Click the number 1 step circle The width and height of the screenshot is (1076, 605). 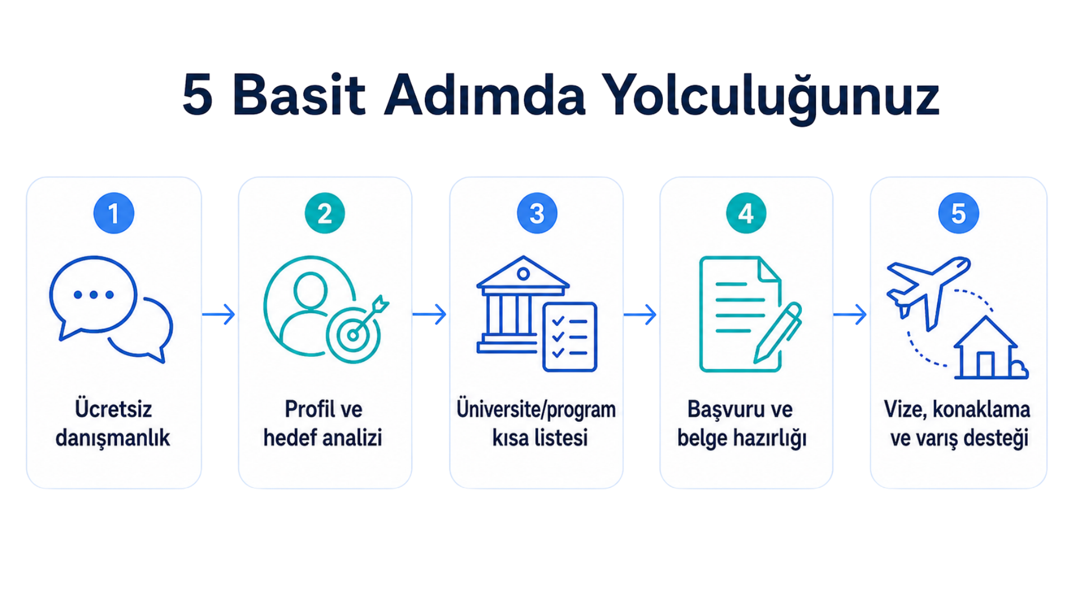click(x=114, y=213)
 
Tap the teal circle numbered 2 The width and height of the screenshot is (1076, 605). click(x=324, y=213)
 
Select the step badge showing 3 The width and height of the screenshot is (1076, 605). click(x=537, y=213)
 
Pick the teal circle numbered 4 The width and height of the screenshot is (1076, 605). click(x=746, y=213)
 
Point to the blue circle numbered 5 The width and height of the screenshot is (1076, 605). click(x=958, y=213)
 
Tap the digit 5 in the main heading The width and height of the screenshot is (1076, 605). click(x=197, y=95)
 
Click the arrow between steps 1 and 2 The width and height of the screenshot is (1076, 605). click(x=219, y=314)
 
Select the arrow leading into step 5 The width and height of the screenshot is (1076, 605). click(x=850, y=314)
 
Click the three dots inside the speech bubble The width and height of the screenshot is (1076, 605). click(x=94, y=295)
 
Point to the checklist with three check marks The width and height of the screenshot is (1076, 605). click(x=569, y=337)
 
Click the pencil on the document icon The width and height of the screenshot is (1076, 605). click(x=778, y=333)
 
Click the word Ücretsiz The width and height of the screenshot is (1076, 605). click(x=113, y=409)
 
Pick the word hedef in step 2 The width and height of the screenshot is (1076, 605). click(x=289, y=438)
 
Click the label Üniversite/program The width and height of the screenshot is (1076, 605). click(x=536, y=409)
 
